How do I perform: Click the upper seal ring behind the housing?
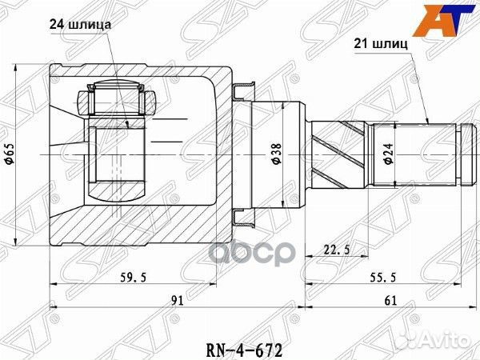242,89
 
